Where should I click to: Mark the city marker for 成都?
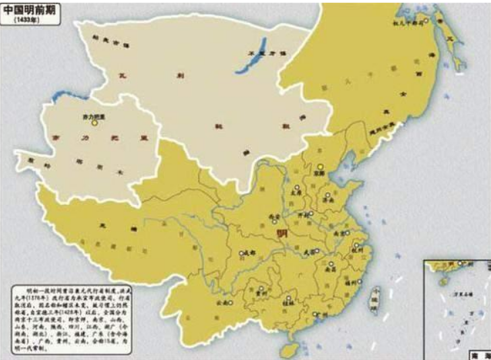[240, 253]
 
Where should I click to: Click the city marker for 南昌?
[331, 264]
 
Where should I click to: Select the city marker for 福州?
[359, 282]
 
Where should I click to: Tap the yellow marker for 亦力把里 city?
[95, 123]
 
